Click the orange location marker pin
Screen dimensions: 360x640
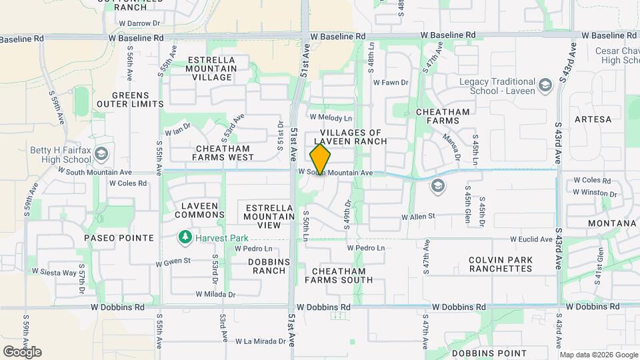321,159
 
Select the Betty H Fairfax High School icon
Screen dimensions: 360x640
101,155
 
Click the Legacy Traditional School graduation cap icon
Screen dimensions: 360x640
545,85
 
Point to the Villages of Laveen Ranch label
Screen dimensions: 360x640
349,137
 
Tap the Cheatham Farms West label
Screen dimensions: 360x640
223,153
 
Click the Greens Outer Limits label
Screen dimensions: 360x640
129,99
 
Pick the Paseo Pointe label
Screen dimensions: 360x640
119,238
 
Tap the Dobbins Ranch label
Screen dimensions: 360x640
267,266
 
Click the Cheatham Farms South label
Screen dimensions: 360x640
339,275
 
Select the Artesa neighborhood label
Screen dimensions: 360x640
592,119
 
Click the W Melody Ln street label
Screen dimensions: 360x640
331,117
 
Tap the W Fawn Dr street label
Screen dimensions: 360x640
390,83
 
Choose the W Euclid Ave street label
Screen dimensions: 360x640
531,239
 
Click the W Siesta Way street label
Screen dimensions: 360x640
51,273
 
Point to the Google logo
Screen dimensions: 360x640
23,352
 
